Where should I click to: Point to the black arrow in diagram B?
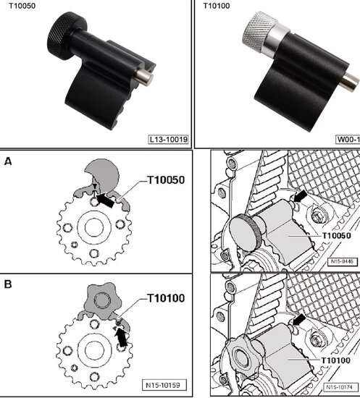119,335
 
